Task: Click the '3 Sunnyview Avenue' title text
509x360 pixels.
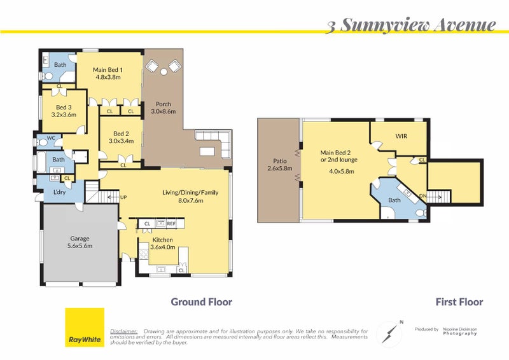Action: (x=411, y=25)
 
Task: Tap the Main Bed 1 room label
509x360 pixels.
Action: (x=108, y=74)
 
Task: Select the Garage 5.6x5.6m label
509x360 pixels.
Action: (x=81, y=242)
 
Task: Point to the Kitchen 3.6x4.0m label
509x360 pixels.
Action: (x=163, y=244)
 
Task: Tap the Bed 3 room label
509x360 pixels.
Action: (x=64, y=111)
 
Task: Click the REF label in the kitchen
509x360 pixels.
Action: (x=171, y=224)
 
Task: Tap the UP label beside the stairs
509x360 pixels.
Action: (x=124, y=197)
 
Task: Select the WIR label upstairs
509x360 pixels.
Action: (x=401, y=136)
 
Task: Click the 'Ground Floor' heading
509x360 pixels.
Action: (x=201, y=302)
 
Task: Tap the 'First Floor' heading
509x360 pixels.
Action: (x=459, y=302)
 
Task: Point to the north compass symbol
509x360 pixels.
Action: (x=389, y=333)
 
